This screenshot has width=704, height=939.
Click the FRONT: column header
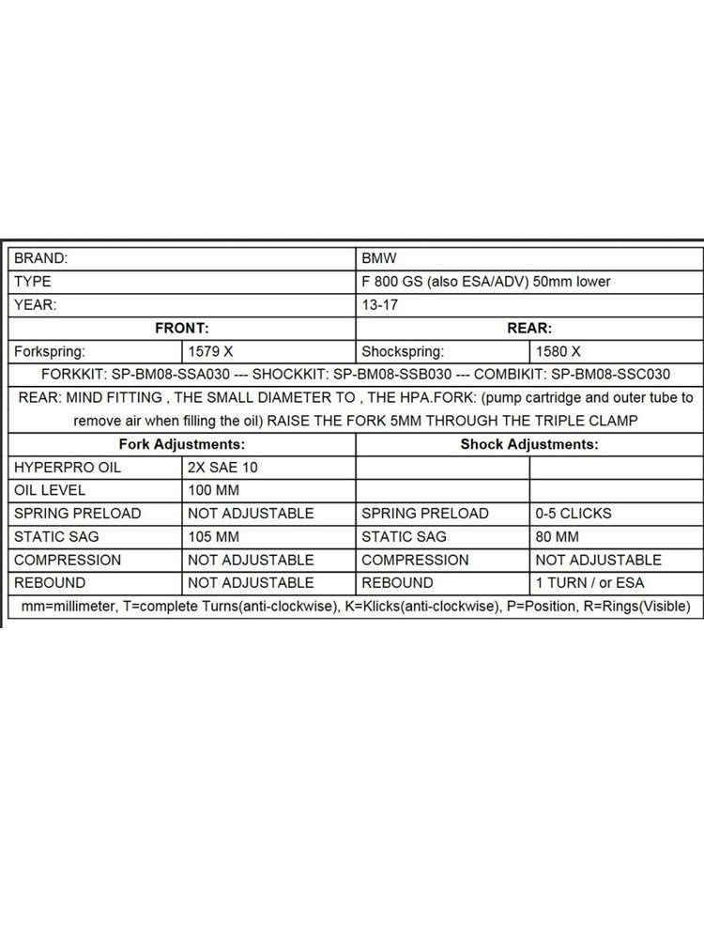tap(181, 329)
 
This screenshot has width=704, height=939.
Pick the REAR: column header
tap(529, 329)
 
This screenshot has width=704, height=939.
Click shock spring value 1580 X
tap(559, 352)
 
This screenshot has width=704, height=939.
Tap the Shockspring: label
tap(403, 352)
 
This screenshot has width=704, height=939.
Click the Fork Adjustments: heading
tap(182, 443)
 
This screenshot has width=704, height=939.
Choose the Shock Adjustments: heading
tap(529, 443)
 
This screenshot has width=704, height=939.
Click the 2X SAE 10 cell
tap(228, 467)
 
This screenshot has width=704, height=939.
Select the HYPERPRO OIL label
tap(68, 467)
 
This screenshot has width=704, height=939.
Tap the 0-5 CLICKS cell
tap(573, 514)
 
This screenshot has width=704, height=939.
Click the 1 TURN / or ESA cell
tap(590, 583)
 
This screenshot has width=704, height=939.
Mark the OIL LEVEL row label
tap(50, 490)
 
